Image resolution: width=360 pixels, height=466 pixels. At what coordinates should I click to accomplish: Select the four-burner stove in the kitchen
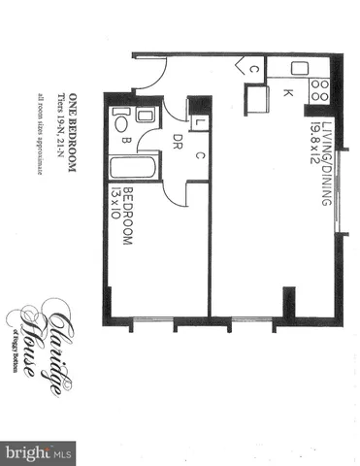[x=320, y=91]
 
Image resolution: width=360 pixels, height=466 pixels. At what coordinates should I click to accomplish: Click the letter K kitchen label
[x=288, y=94]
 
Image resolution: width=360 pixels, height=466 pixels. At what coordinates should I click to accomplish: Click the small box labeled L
[x=198, y=124]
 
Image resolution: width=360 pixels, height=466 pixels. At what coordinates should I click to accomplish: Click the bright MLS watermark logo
[x=39, y=452]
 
